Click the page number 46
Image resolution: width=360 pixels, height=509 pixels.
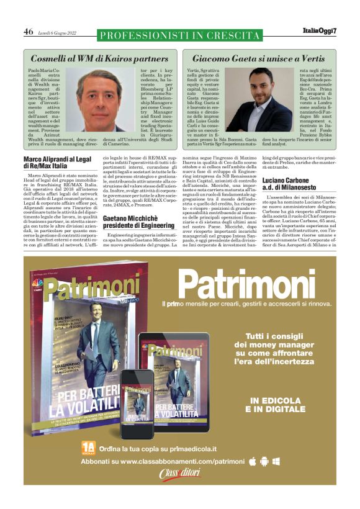coord(29,32)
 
